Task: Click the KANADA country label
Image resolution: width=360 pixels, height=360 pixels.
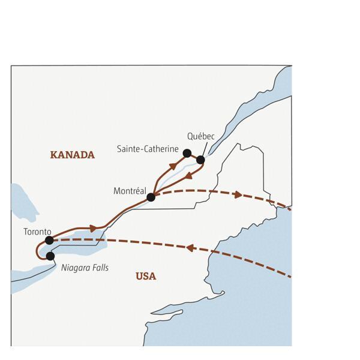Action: (72, 155)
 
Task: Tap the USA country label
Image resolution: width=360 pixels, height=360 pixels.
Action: (145, 276)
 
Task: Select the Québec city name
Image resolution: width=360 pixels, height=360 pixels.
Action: (200, 137)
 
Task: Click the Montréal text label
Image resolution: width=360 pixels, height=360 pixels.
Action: (130, 191)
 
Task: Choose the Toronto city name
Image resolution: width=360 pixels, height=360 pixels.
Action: (37, 231)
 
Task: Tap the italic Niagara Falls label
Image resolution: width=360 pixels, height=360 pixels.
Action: (85, 268)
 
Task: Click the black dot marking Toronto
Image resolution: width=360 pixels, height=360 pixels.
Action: (49, 240)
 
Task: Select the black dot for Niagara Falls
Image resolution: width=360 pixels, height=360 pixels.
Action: (50, 256)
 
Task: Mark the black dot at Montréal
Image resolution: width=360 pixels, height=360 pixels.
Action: (151, 197)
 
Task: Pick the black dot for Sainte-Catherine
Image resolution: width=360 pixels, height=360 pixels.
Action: (187, 153)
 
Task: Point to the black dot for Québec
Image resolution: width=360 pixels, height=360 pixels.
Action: (200, 160)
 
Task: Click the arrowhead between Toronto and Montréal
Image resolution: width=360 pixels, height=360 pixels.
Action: (93, 229)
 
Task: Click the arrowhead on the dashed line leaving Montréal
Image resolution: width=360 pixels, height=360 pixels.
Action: (238, 195)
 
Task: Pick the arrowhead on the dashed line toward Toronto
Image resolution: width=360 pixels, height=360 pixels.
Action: (189, 247)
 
